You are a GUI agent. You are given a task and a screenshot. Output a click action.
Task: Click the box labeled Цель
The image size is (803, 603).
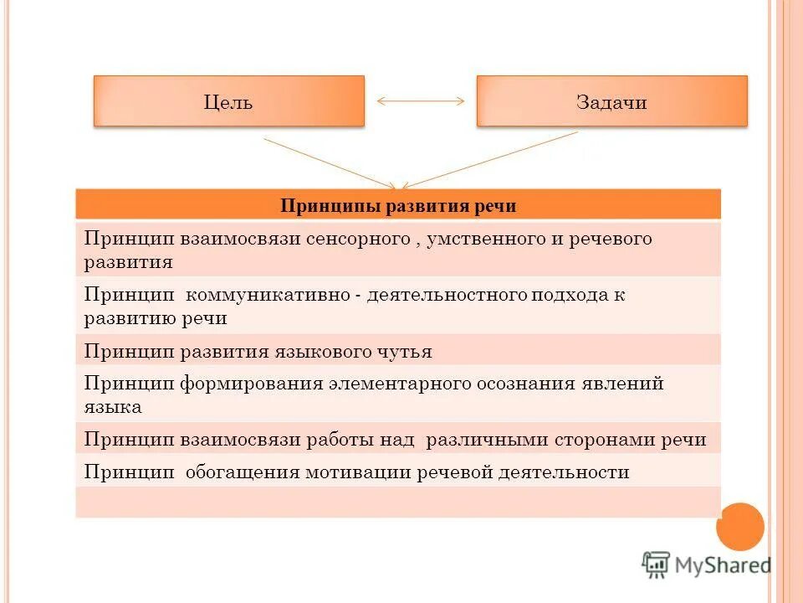tap(228, 101)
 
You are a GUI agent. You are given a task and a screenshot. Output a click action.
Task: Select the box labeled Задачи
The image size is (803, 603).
tap(611, 101)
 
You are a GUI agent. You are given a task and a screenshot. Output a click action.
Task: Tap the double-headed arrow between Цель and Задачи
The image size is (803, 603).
tap(421, 101)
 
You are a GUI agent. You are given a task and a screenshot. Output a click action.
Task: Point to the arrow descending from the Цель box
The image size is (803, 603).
tap(330, 162)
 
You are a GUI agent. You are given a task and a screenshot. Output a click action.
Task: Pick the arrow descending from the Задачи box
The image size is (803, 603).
tap(489, 159)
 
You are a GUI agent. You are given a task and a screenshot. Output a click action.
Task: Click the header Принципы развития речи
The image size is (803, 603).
tap(397, 205)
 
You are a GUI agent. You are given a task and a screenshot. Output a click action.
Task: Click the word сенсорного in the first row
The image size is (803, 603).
tap(355, 239)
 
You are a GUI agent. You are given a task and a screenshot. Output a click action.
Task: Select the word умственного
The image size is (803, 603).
tap(485, 239)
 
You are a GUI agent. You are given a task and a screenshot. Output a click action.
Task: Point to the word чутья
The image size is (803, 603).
tap(407, 352)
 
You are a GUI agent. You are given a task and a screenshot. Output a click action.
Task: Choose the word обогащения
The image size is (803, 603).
tap(242, 472)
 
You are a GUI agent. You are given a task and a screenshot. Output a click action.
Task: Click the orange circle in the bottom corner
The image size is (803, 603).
tap(740, 527)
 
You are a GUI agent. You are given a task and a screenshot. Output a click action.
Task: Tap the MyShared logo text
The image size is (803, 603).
tap(723, 564)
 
